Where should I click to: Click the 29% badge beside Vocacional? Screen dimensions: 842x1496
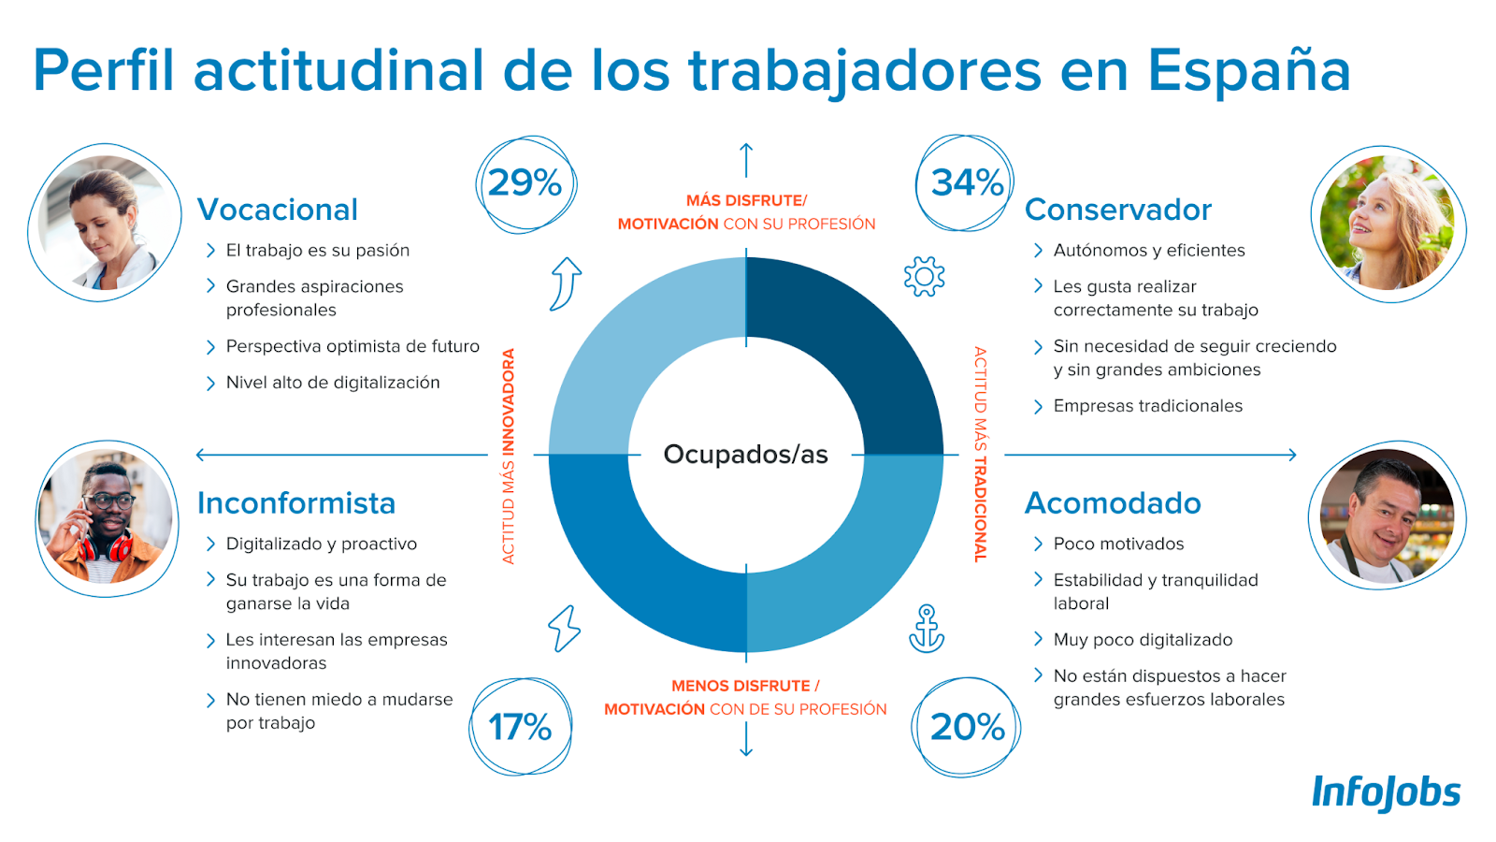click(525, 183)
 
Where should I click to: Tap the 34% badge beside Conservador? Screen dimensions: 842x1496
click(966, 183)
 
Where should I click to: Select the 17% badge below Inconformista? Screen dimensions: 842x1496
click(520, 727)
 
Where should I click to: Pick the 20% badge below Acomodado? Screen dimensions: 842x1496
click(967, 727)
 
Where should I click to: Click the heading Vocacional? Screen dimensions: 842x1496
click(278, 210)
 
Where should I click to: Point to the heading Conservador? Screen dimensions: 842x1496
click(1117, 210)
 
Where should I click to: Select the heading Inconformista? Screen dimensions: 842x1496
click(296, 503)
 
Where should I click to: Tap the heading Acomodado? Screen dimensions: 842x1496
click(1113, 503)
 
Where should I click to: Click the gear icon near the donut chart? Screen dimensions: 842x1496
click(924, 276)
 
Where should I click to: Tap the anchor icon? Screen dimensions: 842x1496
click(927, 629)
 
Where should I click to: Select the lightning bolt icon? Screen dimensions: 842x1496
click(564, 628)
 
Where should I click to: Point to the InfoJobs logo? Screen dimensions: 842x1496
click(1386, 792)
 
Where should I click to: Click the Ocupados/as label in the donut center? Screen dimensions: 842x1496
click(745, 455)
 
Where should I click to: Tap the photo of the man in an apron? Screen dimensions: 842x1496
click(1387, 516)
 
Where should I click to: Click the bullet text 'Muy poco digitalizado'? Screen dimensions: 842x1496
click(1143, 640)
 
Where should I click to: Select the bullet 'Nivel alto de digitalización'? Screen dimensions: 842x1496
click(332, 383)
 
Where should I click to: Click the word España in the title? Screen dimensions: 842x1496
click(1248, 71)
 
